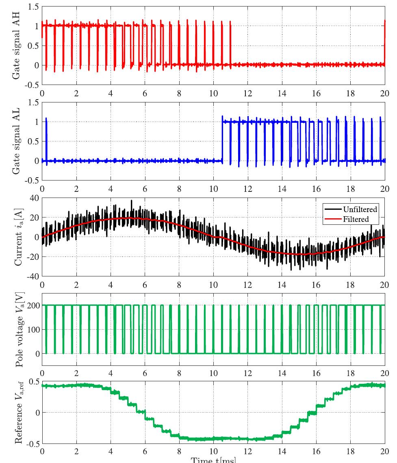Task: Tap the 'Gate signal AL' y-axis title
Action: point(17,141)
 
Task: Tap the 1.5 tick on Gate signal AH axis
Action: point(34,7)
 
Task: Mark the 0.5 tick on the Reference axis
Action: point(34,381)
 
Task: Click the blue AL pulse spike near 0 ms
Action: point(46,122)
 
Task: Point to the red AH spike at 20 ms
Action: point(384,33)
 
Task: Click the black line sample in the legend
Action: point(333,209)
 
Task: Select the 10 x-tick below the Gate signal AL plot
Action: point(213,189)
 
